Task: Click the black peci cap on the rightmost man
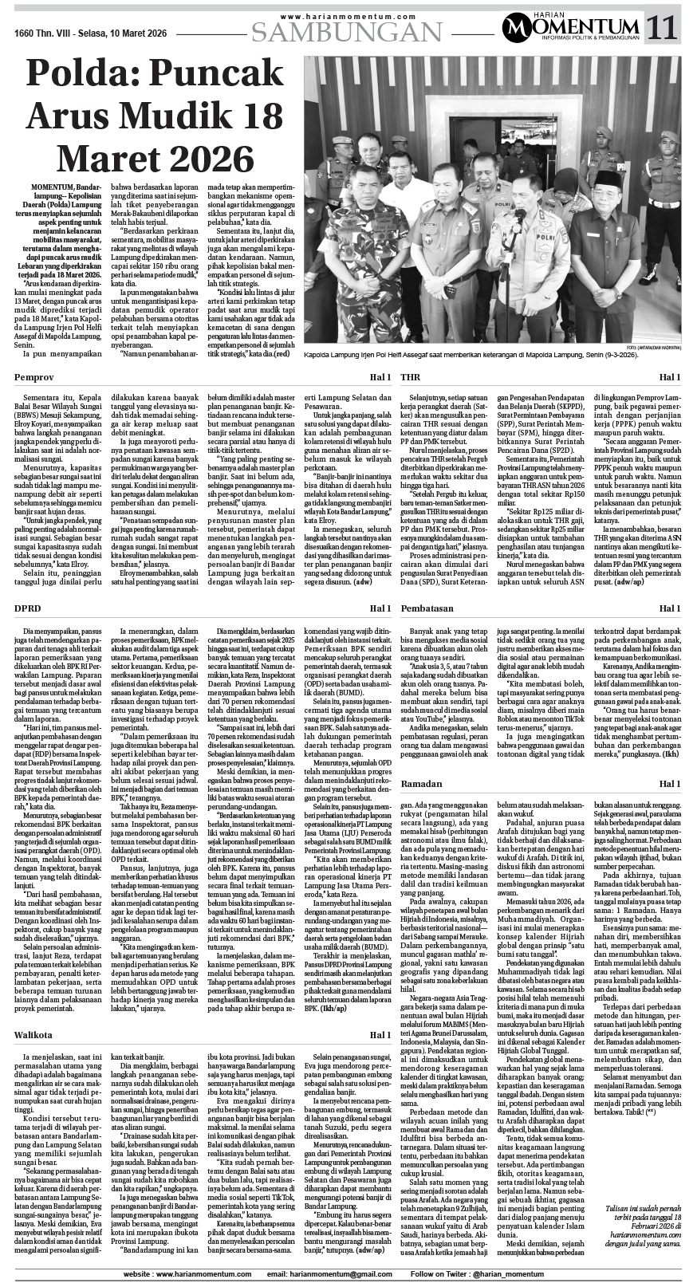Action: [x=611, y=177]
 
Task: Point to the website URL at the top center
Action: [x=348, y=15]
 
